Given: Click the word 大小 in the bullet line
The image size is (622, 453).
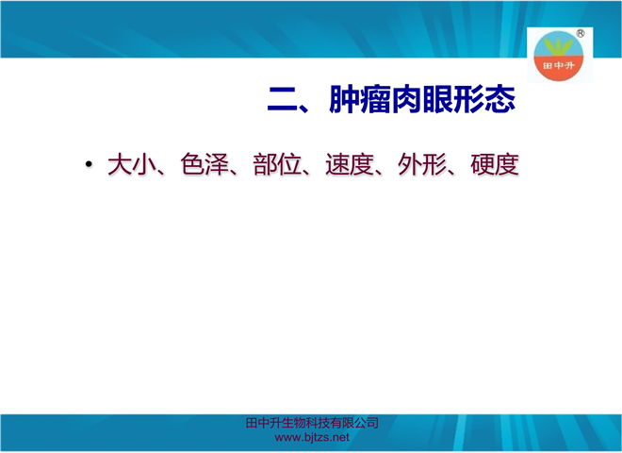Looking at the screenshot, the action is (132, 164).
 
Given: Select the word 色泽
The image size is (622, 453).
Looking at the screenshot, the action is (205, 164).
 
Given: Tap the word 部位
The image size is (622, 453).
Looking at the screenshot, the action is (277, 164).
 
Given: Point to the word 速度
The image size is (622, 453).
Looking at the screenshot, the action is (350, 164).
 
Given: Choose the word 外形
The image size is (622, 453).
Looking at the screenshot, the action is (422, 164).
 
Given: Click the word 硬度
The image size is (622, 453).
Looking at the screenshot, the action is (495, 164).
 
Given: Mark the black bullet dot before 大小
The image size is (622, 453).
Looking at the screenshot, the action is (89, 163).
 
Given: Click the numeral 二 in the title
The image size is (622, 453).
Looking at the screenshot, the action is (283, 99).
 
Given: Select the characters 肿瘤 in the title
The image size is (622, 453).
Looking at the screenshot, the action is (360, 99).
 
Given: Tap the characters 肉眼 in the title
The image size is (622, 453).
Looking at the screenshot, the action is (422, 99).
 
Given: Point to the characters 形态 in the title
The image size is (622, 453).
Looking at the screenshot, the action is (484, 99).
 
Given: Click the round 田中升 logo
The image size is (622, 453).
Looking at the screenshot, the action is (558, 56).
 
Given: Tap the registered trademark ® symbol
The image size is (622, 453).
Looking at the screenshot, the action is (580, 34).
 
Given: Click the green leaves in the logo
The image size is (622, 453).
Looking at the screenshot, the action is (558, 46).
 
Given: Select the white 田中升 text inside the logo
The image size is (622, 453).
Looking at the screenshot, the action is (559, 65).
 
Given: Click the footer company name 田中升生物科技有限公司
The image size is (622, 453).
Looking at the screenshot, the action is (312, 423).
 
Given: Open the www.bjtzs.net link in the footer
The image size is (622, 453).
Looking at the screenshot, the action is (312, 438).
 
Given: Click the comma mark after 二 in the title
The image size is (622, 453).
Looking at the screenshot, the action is (304, 108).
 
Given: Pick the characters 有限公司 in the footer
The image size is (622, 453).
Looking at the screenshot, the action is (354, 423).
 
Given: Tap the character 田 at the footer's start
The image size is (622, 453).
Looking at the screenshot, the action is (252, 423).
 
